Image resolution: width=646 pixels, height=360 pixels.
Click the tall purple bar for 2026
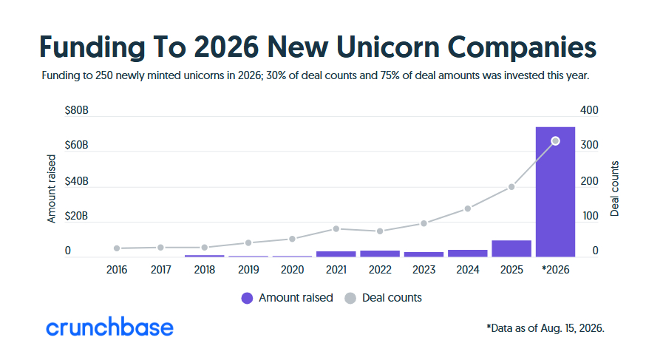click(x=555, y=192)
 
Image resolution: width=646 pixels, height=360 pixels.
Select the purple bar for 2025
click(x=511, y=249)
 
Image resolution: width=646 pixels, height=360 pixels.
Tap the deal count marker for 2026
click(x=555, y=141)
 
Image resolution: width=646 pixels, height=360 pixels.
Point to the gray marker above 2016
click(x=117, y=248)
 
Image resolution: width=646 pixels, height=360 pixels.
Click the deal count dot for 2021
click(x=336, y=228)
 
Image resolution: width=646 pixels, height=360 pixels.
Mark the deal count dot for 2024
click(x=468, y=208)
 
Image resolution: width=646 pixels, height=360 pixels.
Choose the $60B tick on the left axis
click(x=76, y=145)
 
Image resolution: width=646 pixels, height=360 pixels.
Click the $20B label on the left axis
click(x=76, y=216)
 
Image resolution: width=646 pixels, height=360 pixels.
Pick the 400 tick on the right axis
click(x=589, y=110)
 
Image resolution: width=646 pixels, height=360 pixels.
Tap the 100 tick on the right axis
click(x=590, y=216)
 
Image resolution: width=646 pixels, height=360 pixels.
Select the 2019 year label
click(x=248, y=270)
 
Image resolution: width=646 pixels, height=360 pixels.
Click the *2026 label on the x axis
click(x=555, y=270)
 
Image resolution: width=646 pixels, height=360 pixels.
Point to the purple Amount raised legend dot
click(x=247, y=298)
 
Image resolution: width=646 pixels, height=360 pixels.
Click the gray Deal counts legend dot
click(x=350, y=298)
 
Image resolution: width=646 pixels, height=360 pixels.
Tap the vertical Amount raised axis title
click(x=51, y=189)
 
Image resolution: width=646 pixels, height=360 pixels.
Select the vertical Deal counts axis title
click(x=614, y=189)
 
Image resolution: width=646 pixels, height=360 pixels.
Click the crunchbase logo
click(x=109, y=327)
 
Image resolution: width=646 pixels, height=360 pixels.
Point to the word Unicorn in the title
click(x=388, y=47)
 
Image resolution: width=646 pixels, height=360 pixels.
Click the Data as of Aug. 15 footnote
click(x=545, y=328)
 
